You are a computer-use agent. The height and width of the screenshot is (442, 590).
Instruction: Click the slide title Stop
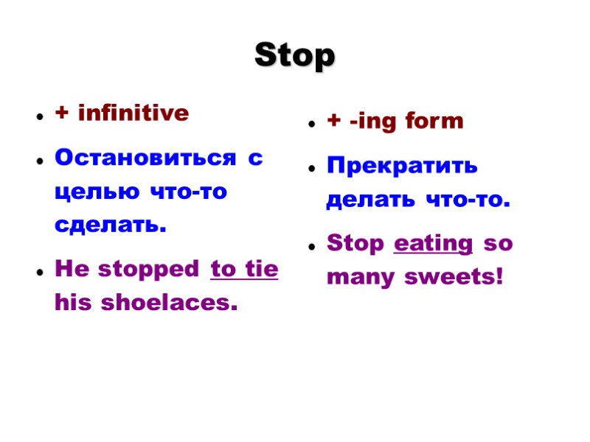(x=294, y=56)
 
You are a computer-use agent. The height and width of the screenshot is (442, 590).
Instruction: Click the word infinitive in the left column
(x=133, y=113)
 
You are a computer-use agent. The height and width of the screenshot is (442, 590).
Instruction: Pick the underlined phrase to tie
(x=244, y=270)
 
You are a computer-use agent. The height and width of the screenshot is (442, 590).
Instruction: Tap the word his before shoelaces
(x=71, y=303)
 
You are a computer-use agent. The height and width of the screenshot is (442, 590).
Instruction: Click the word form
(x=434, y=122)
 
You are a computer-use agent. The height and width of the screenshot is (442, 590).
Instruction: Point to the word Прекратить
(x=402, y=166)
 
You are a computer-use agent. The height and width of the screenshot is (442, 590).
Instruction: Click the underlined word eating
(x=434, y=245)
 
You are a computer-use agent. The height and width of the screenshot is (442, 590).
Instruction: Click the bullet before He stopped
(x=38, y=273)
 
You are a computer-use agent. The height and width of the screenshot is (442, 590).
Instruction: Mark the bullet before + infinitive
(x=38, y=116)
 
